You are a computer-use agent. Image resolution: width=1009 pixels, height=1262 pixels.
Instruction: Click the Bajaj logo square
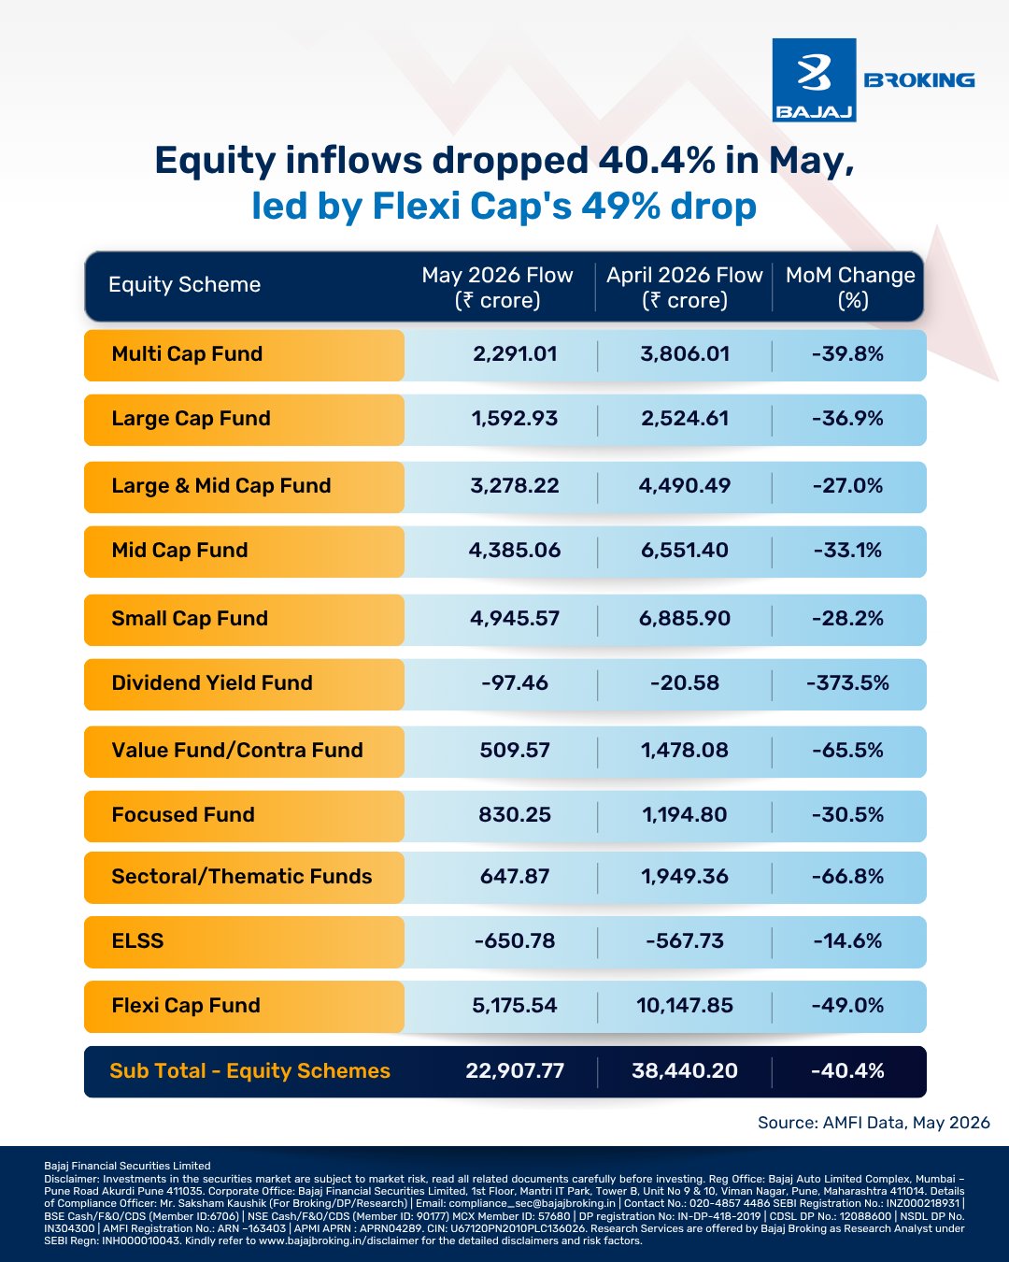tap(814, 80)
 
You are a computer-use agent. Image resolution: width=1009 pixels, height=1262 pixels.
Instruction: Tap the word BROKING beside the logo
tap(918, 80)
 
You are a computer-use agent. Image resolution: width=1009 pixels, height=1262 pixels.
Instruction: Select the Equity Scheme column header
tap(184, 284)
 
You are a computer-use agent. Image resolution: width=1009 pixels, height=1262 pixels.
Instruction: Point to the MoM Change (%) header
tap(850, 287)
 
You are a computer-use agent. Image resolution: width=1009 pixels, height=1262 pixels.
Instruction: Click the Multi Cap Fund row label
tap(187, 354)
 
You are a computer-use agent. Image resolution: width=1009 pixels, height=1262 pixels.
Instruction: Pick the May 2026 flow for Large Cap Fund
tap(514, 419)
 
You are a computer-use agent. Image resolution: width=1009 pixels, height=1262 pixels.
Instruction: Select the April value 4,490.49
tap(684, 485)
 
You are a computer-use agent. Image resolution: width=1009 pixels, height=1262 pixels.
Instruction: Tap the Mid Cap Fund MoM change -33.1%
tap(847, 550)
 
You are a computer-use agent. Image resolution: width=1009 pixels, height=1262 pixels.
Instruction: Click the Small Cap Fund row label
tap(190, 618)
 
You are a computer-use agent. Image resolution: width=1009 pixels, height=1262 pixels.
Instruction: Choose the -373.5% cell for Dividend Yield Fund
tap(847, 682)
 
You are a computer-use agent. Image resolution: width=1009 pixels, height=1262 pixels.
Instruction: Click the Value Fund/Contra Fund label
tap(237, 750)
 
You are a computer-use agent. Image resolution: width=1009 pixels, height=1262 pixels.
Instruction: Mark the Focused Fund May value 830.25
tap(515, 814)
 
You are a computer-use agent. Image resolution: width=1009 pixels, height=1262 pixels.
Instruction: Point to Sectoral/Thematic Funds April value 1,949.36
tap(684, 876)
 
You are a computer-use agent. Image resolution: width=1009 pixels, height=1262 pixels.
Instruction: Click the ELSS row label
tap(137, 940)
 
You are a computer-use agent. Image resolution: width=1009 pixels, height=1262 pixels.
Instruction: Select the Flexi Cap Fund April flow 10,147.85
tap(684, 1005)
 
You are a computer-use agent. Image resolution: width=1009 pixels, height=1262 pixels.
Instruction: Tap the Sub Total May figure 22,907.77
tap(515, 1070)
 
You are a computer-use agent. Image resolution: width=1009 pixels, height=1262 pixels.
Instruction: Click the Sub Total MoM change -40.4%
tap(847, 1070)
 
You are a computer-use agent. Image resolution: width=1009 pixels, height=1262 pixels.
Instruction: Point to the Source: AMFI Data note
tap(874, 1123)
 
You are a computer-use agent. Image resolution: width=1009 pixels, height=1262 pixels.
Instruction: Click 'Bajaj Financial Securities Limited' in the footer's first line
tap(127, 1166)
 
